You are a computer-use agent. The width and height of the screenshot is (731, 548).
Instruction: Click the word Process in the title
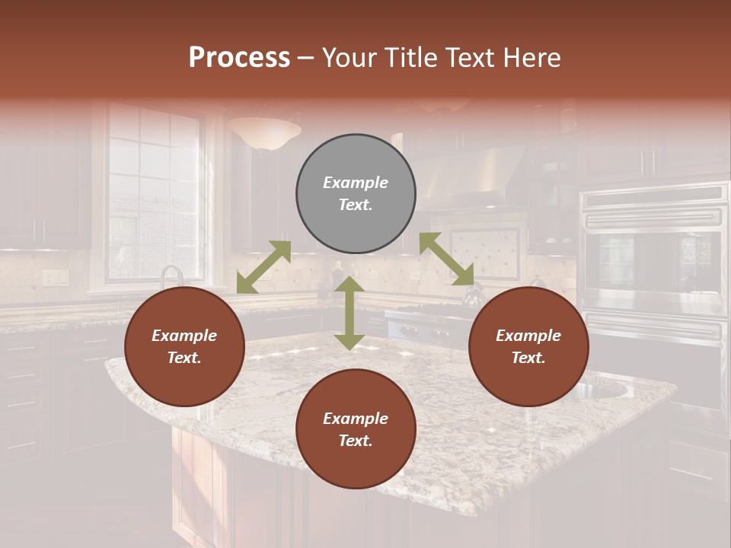pos(239,57)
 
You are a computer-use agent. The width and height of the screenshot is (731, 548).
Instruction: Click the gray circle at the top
pos(356,194)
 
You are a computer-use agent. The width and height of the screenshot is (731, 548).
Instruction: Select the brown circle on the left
pos(184,347)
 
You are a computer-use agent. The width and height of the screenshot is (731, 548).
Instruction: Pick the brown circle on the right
pos(528,347)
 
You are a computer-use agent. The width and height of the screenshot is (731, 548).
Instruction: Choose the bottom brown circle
pos(356,429)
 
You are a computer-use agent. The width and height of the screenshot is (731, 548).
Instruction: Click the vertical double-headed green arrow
pos(349,313)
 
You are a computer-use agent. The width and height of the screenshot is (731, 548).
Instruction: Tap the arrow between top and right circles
pos(447,259)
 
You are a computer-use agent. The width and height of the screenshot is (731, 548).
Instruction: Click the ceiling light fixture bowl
pos(264,132)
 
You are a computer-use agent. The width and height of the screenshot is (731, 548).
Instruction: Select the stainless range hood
pos(472,179)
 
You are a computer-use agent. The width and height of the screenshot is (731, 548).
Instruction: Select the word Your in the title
pos(347,57)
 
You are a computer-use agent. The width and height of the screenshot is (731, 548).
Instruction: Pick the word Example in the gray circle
pos(356,183)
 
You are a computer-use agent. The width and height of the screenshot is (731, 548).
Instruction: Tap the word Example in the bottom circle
pos(356,419)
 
